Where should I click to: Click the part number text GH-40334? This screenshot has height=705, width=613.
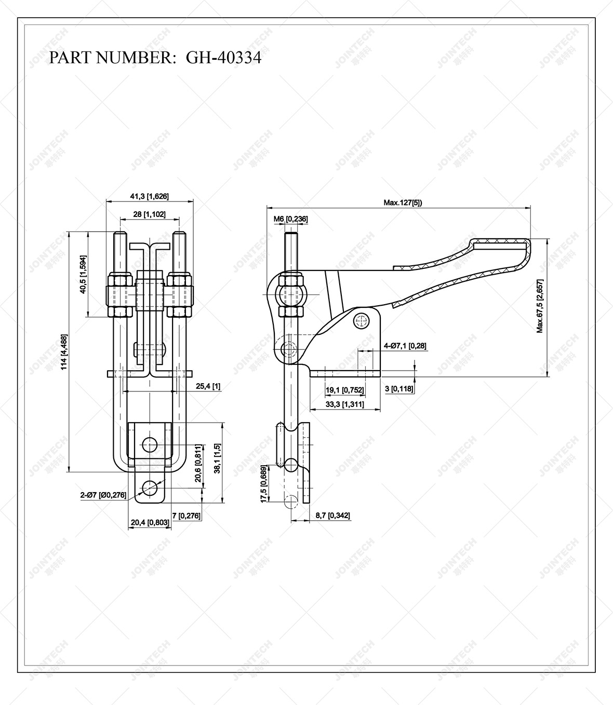coord(223,58)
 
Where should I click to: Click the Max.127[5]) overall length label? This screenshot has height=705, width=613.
coord(403,202)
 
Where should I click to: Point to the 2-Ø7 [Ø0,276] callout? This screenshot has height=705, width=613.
coord(103,495)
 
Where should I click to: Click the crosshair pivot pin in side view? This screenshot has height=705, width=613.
coord(361,321)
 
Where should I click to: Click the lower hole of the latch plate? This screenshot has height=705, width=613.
coord(150,487)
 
